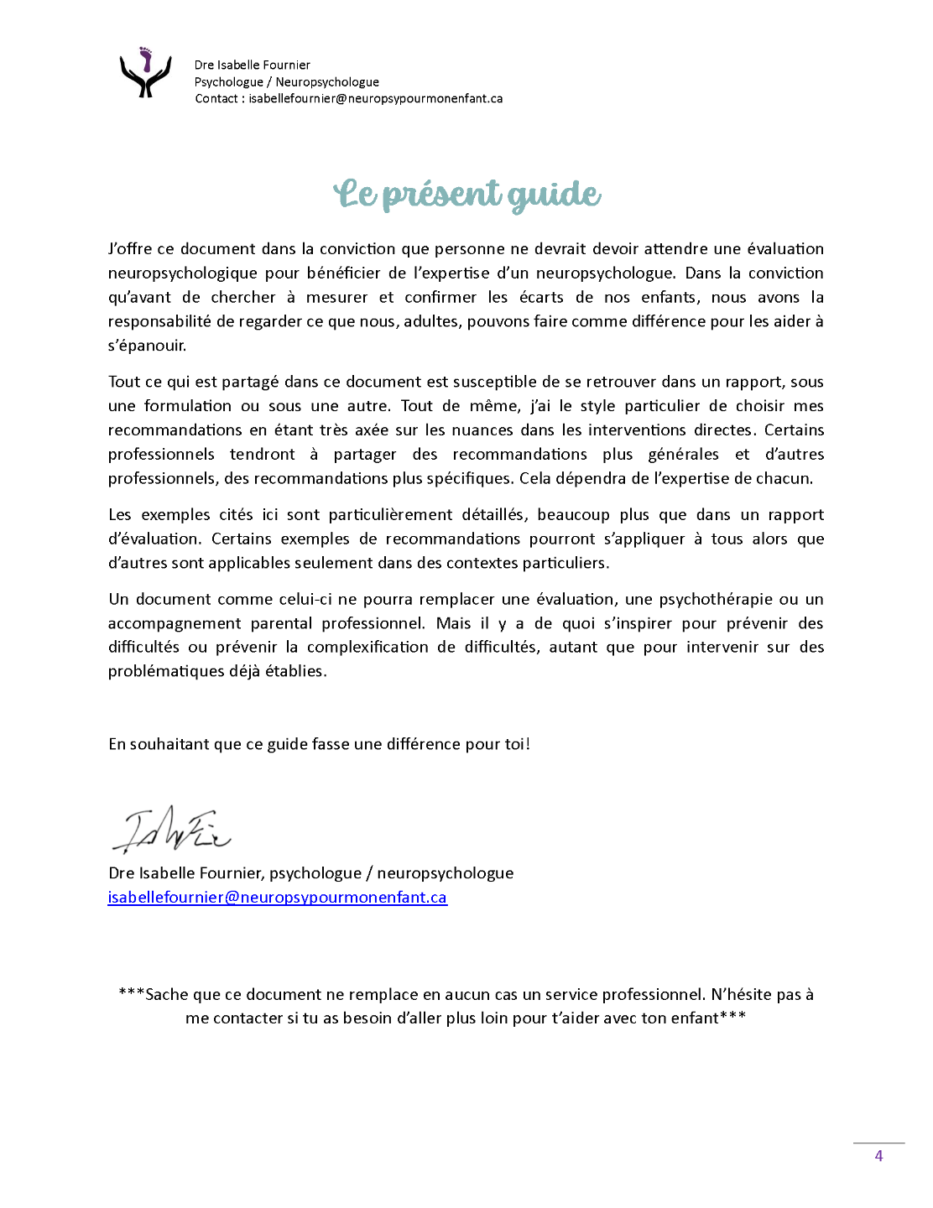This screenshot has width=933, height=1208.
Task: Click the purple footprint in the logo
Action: coord(147,60)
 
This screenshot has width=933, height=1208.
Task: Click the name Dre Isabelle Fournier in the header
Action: coord(252,65)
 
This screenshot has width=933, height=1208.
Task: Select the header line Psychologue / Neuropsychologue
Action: coord(286,81)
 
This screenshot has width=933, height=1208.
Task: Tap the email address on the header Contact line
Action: coord(375,98)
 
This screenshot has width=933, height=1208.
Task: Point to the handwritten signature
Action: coord(171,830)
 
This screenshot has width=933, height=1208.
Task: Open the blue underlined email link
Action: coord(277,897)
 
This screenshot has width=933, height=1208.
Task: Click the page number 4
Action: coord(878,1155)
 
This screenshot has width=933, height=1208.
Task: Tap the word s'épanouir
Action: coord(147,345)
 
